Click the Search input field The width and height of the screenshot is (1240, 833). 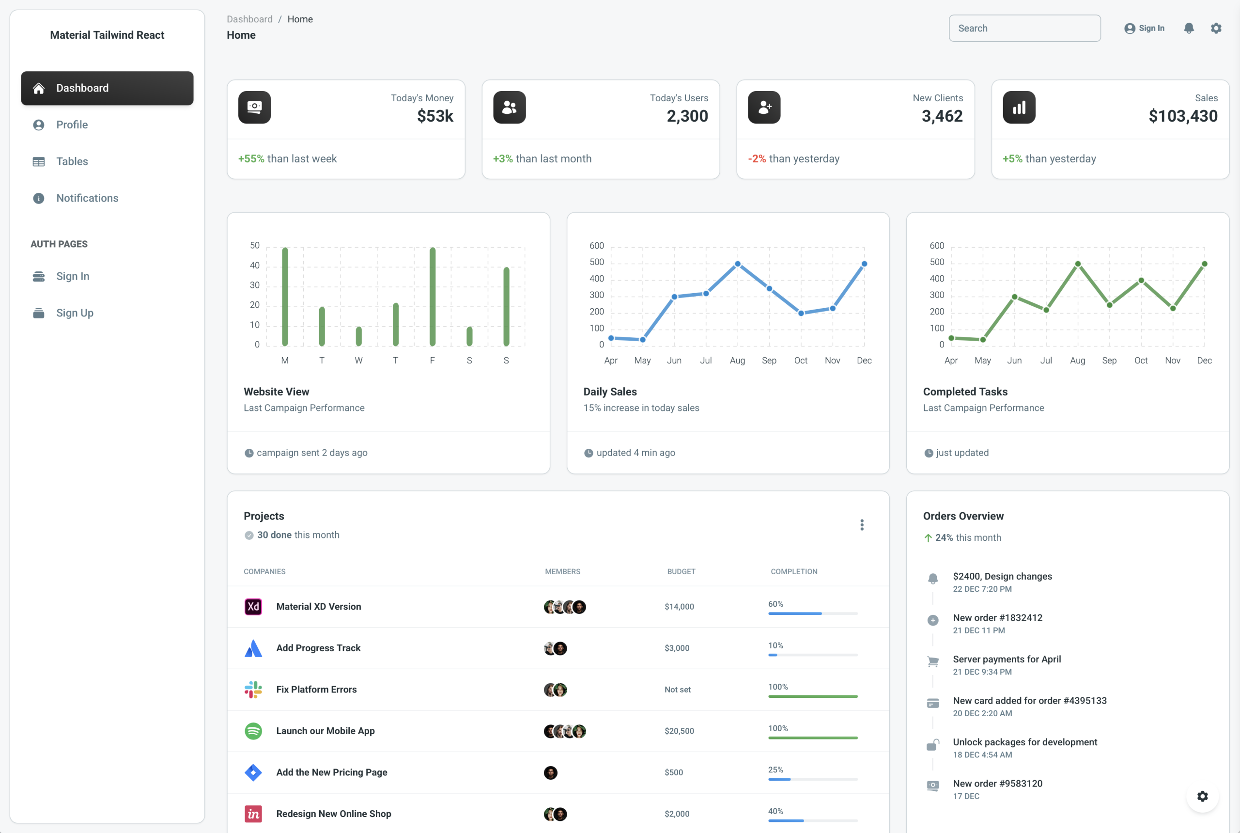(x=1024, y=28)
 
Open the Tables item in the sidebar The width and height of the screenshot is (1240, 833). (x=72, y=161)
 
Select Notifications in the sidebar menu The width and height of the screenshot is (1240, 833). (x=87, y=198)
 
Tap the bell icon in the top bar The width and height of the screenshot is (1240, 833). (x=1189, y=28)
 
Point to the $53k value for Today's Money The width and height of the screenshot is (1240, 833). (x=435, y=116)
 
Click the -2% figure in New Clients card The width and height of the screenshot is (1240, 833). (x=757, y=159)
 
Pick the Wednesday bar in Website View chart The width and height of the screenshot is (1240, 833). (x=358, y=336)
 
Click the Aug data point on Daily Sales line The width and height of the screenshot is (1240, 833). (x=737, y=264)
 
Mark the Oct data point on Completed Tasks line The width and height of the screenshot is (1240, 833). (x=1141, y=281)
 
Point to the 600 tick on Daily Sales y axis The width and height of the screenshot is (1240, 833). (x=596, y=245)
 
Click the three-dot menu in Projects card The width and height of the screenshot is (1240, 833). (x=861, y=525)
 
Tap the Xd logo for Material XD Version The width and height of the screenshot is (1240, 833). (x=253, y=607)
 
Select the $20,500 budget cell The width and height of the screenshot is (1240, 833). (x=679, y=731)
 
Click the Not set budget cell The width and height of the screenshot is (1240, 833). (x=677, y=690)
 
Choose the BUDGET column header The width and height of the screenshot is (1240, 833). (x=681, y=572)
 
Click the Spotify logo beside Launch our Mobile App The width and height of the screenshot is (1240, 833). (x=253, y=731)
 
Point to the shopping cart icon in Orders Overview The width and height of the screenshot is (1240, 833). (x=932, y=661)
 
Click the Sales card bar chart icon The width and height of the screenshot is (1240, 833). (x=1019, y=108)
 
